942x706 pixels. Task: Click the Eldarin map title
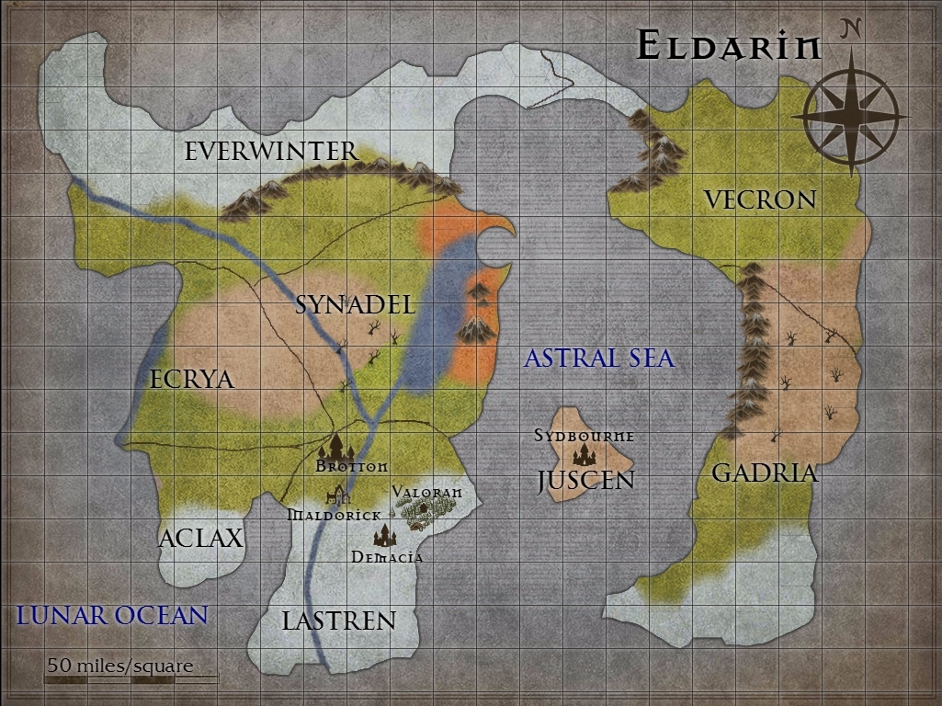coord(728,46)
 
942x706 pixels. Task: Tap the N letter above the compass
coord(851,29)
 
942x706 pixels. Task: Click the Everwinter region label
coord(270,152)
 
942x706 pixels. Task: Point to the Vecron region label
coord(759,199)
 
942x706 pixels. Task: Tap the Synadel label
coord(356,305)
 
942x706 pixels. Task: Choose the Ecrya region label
coord(192,379)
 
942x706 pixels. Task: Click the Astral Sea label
coord(599,358)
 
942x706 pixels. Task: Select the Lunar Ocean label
coord(112,615)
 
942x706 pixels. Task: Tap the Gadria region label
coord(765,473)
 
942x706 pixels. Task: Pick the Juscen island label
coord(586,479)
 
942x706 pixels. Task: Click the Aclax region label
coord(200,538)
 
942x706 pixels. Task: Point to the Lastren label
coord(338,621)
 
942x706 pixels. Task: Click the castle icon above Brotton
coord(335,448)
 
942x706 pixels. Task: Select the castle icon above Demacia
coord(384,536)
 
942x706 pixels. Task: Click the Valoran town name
coord(426,493)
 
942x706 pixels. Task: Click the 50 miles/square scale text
coord(121,666)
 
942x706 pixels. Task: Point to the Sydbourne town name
coord(584,435)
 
